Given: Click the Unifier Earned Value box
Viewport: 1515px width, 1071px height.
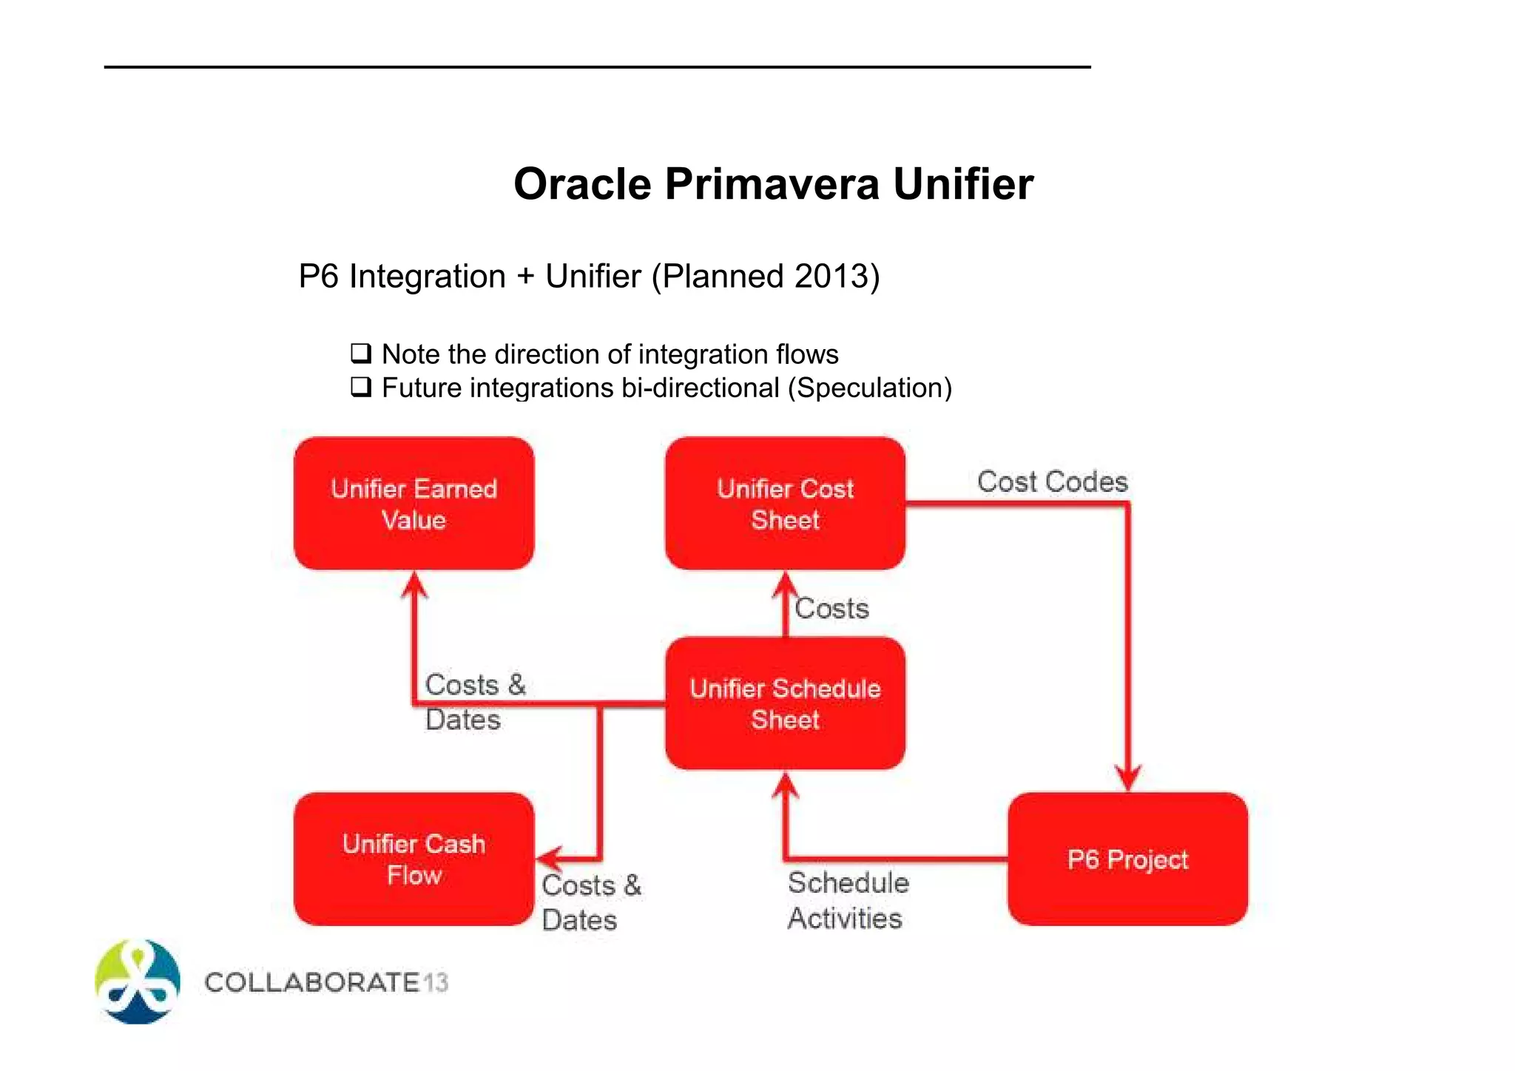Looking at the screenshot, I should coord(414,504).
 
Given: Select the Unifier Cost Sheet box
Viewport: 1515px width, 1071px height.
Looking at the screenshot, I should coord(785,504).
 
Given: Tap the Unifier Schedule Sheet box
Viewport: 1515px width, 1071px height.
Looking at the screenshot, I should coord(785,703).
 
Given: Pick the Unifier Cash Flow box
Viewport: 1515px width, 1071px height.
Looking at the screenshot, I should coord(414,859).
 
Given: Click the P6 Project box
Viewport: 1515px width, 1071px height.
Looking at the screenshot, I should coord(1127,859).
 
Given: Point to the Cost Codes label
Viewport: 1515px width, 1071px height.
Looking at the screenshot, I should coord(1052,482).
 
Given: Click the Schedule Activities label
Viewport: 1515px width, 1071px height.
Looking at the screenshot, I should coord(848,900).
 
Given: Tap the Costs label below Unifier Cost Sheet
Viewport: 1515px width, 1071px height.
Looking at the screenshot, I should coord(831,609).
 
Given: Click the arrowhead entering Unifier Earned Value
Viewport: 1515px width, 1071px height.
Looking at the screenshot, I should coord(414,584).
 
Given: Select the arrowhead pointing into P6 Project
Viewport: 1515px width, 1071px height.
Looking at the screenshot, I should coord(1127,779).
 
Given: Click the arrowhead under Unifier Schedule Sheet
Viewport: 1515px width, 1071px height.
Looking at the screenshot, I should coord(785,785).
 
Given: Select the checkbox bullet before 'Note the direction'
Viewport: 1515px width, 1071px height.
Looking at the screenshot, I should coord(360,353).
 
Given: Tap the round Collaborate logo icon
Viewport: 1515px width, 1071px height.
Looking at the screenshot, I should coord(138,982).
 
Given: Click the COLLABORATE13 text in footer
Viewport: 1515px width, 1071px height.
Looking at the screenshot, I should coord(326,982).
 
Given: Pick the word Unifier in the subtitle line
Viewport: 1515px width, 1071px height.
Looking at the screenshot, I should coord(593,276).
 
